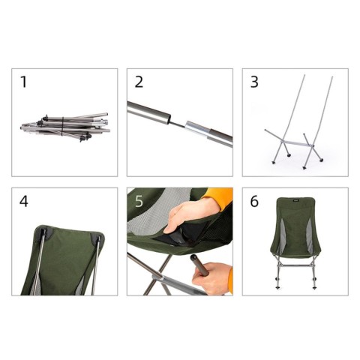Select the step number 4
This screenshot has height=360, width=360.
point(24,201)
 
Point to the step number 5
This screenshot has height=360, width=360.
point(139,201)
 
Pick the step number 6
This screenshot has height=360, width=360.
point(254,201)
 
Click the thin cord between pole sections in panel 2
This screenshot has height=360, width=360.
point(181,121)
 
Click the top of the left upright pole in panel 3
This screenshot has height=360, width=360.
point(303,77)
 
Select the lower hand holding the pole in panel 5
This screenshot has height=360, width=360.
point(217,276)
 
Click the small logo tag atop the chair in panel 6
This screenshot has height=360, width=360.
point(294,200)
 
